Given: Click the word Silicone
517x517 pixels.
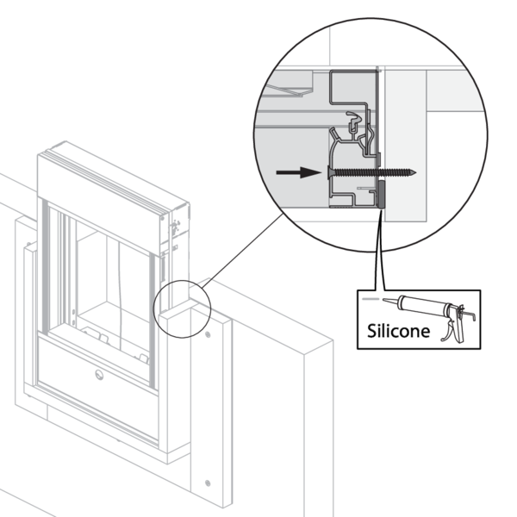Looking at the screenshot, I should click(396, 330).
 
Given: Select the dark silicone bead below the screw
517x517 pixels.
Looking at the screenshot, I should click(380, 196).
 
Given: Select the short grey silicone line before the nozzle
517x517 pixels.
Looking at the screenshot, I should click(370, 298).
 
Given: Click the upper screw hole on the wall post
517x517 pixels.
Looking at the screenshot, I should click(207, 333).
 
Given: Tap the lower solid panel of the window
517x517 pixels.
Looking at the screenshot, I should click(95, 379).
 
